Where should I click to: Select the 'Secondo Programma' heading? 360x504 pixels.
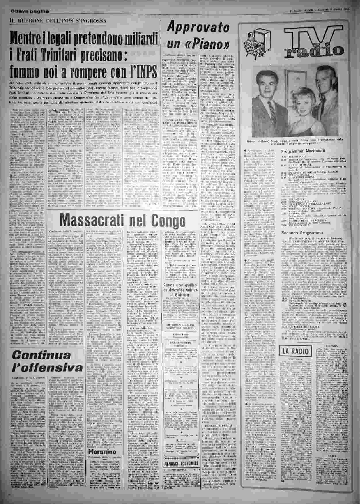pyautogui.click(x=302, y=233)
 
